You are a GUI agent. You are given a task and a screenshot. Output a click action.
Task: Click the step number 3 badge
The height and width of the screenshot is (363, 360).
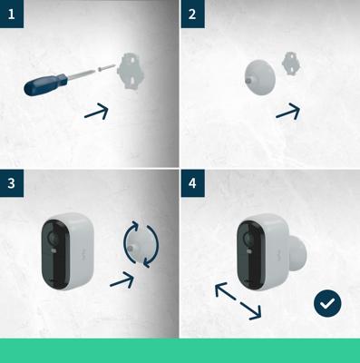pyautogui.click(x=11, y=181)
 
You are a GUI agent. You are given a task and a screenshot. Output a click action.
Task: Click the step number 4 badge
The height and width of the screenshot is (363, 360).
pyautogui.click(x=191, y=181)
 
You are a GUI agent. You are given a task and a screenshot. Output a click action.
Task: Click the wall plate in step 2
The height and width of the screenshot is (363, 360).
pyautogui.click(x=292, y=64)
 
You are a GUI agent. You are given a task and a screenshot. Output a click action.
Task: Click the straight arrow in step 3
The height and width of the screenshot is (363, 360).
pyautogui.click(x=122, y=280)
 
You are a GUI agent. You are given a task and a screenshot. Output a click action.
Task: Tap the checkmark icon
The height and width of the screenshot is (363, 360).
pyautogui.click(x=326, y=303)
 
